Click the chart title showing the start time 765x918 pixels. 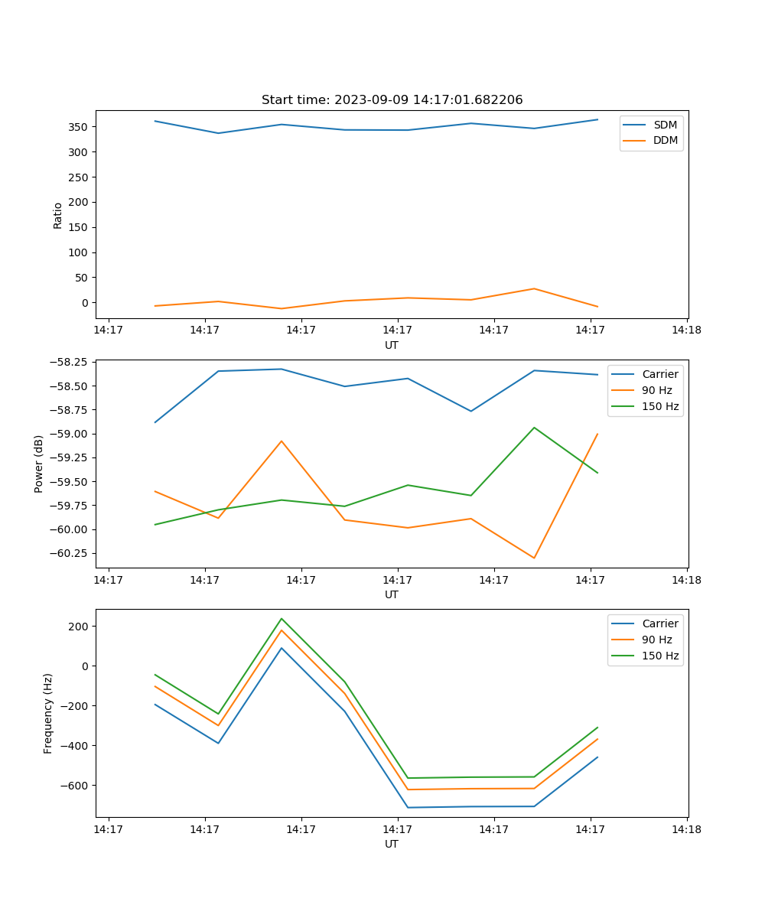(x=392, y=100)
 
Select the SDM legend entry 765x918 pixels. (x=665, y=125)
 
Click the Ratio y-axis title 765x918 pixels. (x=58, y=216)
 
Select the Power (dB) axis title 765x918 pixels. (x=39, y=464)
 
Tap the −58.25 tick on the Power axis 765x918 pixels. (x=70, y=361)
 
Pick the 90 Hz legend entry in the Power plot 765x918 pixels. (x=657, y=390)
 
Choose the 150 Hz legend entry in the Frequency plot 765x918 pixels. (x=660, y=656)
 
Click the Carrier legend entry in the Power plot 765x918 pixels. (x=659, y=374)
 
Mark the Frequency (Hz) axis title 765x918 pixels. (x=48, y=713)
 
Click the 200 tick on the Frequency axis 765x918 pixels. (x=79, y=627)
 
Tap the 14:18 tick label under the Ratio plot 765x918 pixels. (x=686, y=330)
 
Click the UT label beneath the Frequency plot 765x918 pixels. (x=392, y=844)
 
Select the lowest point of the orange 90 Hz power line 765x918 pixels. (x=534, y=558)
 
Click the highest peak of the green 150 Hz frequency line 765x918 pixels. (x=282, y=619)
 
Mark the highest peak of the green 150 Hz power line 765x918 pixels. (x=534, y=428)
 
